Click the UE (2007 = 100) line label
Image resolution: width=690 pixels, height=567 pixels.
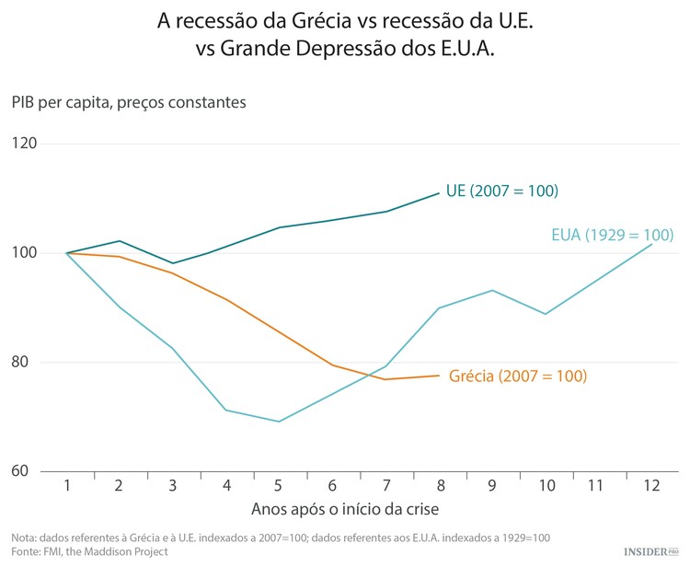pos(502,191)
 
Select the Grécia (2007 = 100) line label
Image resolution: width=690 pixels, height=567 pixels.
pos(517,376)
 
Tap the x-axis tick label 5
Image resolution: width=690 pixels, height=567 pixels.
pos(279,485)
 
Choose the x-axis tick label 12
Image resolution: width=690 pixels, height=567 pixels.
pos(650,485)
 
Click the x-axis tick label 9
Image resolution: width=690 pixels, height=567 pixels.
pos(491,485)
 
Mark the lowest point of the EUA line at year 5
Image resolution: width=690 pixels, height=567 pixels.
pos(279,422)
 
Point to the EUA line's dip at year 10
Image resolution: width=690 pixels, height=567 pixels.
pos(546,314)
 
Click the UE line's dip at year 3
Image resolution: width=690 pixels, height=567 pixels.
pos(173,263)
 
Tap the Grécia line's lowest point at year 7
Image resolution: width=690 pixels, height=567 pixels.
pos(385,379)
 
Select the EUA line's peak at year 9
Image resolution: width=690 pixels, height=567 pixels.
pos(492,290)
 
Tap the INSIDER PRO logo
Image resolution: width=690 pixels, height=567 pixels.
pos(650,550)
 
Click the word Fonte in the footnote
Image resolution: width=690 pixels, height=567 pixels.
pos(26,551)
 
